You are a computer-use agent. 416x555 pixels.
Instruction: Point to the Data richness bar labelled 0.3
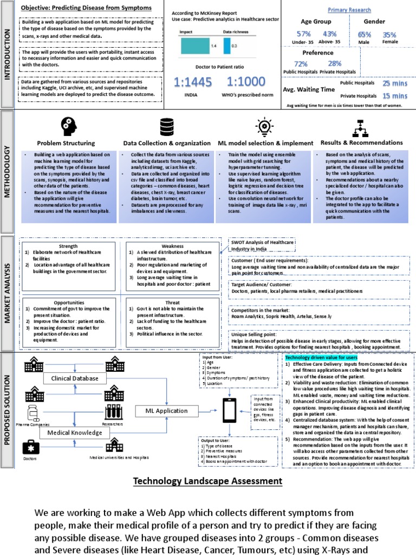(x=226, y=46)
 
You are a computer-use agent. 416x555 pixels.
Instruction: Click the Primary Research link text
(x=349, y=10)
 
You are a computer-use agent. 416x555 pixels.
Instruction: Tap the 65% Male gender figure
(x=365, y=35)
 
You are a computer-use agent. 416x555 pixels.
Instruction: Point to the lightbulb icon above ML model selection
(x=265, y=127)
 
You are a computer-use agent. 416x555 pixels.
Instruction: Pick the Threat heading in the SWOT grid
(x=172, y=302)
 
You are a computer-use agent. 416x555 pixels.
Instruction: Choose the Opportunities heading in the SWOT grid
(x=68, y=302)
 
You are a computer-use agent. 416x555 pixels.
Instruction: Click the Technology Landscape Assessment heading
(x=207, y=481)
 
